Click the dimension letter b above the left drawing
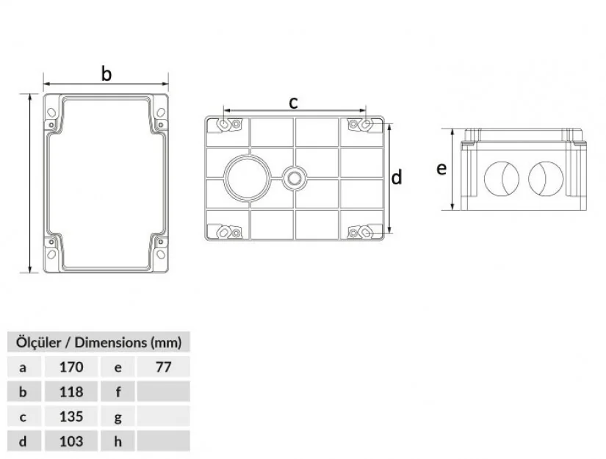pos(107,73)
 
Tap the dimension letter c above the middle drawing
pos(294,102)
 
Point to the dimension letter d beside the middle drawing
pos(397,178)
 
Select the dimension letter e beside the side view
pos(441,168)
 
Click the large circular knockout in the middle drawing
pos(248,178)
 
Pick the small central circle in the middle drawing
pos(294,178)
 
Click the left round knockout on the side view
pos(502,178)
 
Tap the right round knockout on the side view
pos(546,178)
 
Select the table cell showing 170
pos(71,366)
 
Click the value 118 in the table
pos(71,391)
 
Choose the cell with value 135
pos(71,416)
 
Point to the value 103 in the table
pos(71,441)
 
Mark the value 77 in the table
pos(164,366)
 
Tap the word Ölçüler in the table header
pos(39,342)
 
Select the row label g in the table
pos(118,417)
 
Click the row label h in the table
pos(118,441)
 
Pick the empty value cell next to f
pos(164,391)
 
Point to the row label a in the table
pos(24,367)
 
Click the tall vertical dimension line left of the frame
pos(30,183)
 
